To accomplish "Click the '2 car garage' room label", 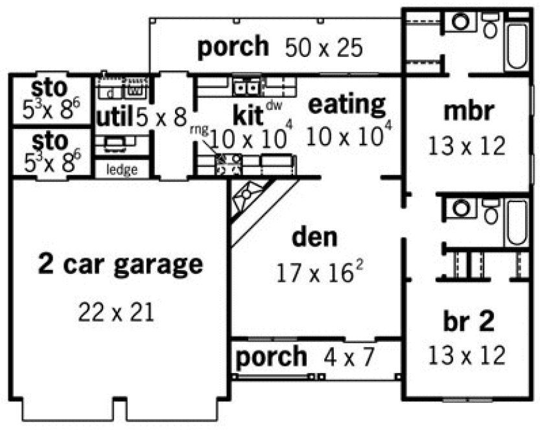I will click(x=120, y=264).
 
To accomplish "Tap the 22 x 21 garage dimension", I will click(x=117, y=313).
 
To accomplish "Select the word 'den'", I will click(x=314, y=237).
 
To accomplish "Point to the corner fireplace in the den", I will click(x=250, y=197).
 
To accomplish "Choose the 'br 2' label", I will click(x=468, y=321).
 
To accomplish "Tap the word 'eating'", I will click(x=346, y=103).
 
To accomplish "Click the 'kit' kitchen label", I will click(x=247, y=117).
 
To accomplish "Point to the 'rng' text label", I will click(x=198, y=129).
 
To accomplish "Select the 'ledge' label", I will click(x=122, y=170).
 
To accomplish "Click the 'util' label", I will click(x=115, y=117).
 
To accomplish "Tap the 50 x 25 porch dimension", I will click(x=322, y=48).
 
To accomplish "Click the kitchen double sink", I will click(x=246, y=86).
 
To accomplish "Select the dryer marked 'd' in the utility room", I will click(x=110, y=91).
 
